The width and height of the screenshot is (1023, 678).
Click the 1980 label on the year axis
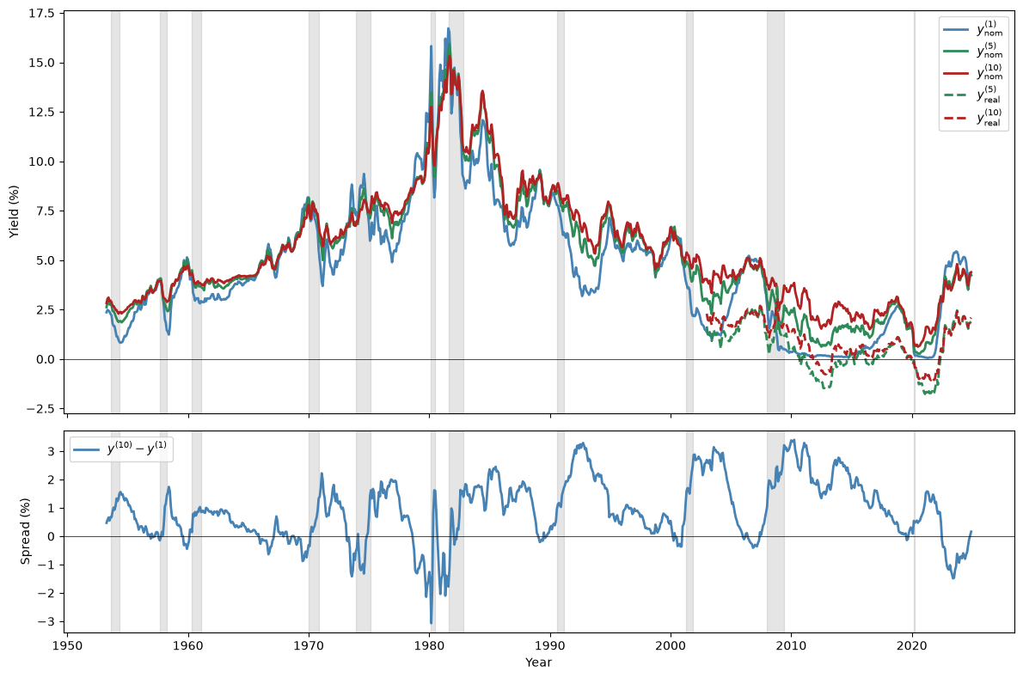tap(430, 644)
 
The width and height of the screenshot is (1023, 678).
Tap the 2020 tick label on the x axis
tap(913, 644)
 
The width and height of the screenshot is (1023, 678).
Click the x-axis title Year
tap(539, 663)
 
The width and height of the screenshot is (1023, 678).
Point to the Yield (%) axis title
tap(15, 212)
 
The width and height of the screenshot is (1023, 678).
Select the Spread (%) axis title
tap(25, 531)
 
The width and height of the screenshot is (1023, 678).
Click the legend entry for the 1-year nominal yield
tap(973, 28)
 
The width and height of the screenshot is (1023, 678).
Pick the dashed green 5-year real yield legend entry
tap(973, 95)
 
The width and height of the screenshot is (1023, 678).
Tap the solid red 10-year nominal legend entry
tap(973, 72)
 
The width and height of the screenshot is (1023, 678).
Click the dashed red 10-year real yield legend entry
tap(973, 118)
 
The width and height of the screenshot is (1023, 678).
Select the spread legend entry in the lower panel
tap(121, 449)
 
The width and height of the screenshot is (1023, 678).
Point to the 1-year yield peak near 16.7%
tap(448, 28)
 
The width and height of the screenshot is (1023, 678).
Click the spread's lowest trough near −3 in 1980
tap(432, 623)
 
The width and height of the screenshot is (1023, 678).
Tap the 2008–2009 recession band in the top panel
tap(775, 212)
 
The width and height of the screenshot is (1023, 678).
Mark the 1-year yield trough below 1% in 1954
tap(120, 342)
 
